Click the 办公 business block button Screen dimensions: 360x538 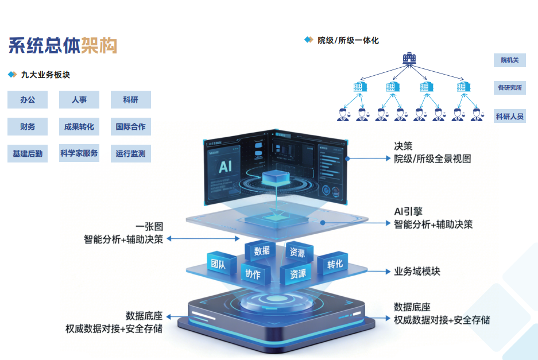point(28,100)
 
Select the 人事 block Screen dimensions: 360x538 point(79,100)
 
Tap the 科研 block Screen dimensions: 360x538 point(130,100)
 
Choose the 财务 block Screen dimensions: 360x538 point(28,127)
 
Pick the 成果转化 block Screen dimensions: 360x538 point(79,127)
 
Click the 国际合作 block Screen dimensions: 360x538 point(130,127)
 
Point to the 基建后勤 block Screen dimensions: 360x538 point(28,153)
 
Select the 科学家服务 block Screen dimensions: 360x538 point(79,153)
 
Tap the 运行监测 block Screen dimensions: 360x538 point(130,153)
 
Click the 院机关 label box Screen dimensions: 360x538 point(509,60)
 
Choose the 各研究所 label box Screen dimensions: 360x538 point(509,88)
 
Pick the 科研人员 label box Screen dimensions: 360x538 point(509,117)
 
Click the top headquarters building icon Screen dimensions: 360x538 point(409,59)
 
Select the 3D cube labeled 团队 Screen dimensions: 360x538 point(218,265)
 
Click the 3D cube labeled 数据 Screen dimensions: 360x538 point(261,251)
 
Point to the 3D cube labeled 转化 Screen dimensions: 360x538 point(334,264)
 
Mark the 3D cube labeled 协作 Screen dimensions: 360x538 point(253,274)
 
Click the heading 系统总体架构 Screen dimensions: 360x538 point(63,45)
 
